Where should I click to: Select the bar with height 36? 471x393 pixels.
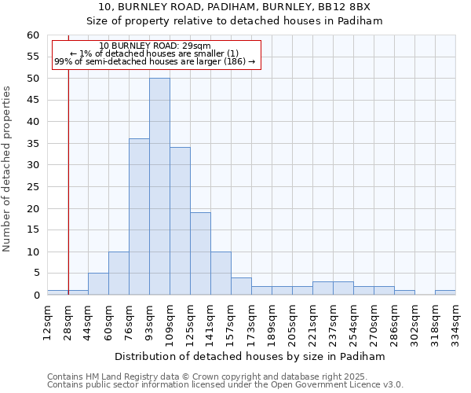click(139, 217)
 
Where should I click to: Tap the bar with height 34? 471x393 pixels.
click(180, 221)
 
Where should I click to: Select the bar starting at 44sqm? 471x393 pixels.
click(98, 284)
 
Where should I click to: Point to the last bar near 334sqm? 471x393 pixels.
click(445, 292)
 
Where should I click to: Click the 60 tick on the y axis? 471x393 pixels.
click(32, 35)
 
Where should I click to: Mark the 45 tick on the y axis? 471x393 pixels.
click(32, 101)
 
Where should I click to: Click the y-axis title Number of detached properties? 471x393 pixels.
click(8, 169)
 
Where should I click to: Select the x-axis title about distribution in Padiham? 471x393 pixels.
click(250, 356)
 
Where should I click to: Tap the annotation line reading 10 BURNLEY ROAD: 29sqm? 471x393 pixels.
click(155, 46)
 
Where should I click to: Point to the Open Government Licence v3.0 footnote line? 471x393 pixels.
click(225, 385)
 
